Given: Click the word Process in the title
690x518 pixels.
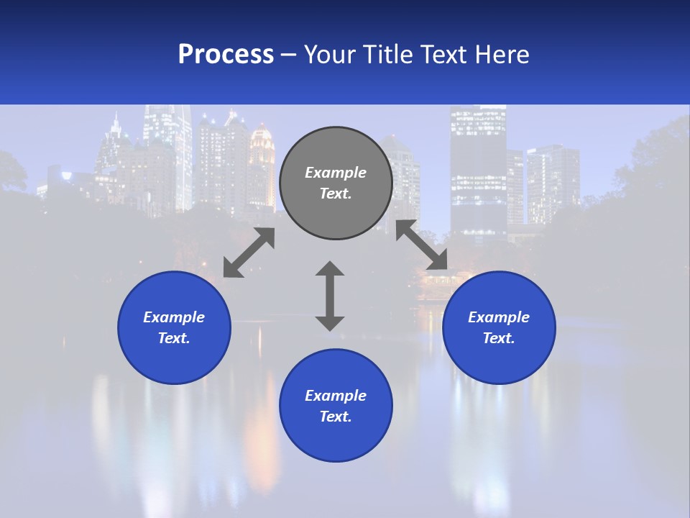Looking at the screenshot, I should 226,55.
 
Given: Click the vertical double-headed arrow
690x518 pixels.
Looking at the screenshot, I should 330,296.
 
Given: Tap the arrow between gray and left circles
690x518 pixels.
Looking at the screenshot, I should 249,253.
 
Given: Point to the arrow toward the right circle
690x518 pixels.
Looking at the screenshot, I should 422,245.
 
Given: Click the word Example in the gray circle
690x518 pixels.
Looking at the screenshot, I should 336,173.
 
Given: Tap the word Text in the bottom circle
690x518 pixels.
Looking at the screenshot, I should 335,417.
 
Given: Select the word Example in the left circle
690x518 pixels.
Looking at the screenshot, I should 174,317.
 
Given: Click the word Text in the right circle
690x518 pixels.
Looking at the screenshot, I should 498,338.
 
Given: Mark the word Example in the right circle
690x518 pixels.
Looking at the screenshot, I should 499,317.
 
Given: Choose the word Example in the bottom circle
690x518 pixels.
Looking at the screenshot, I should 336,396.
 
